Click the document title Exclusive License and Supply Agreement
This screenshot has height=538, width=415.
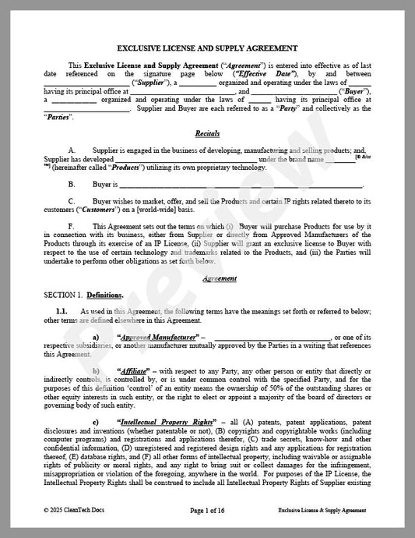coord(207,48)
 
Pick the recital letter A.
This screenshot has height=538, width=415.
coord(72,148)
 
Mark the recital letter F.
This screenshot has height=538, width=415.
coord(71,226)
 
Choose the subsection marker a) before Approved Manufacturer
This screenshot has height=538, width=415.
coord(96,336)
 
